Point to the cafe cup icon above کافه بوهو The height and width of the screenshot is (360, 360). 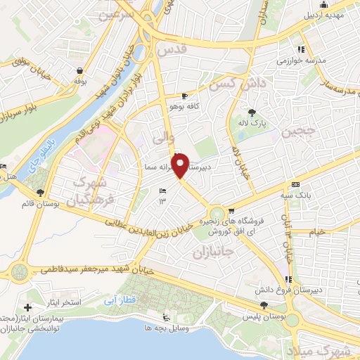[x=184, y=96]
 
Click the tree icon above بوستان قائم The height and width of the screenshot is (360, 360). [x=39, y=193]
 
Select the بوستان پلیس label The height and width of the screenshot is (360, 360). [x=266, y=316]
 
